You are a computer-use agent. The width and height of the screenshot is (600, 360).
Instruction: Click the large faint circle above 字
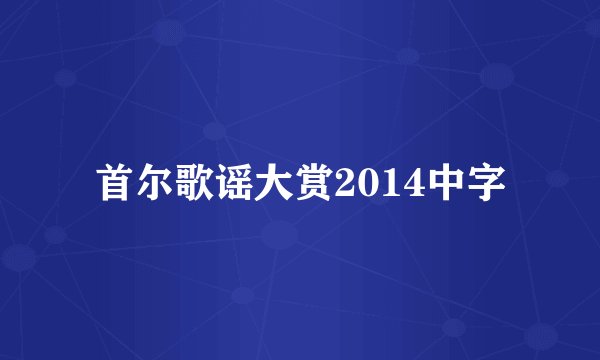[497, 75]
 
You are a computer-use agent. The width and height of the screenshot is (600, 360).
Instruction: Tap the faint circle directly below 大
[279, 236]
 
